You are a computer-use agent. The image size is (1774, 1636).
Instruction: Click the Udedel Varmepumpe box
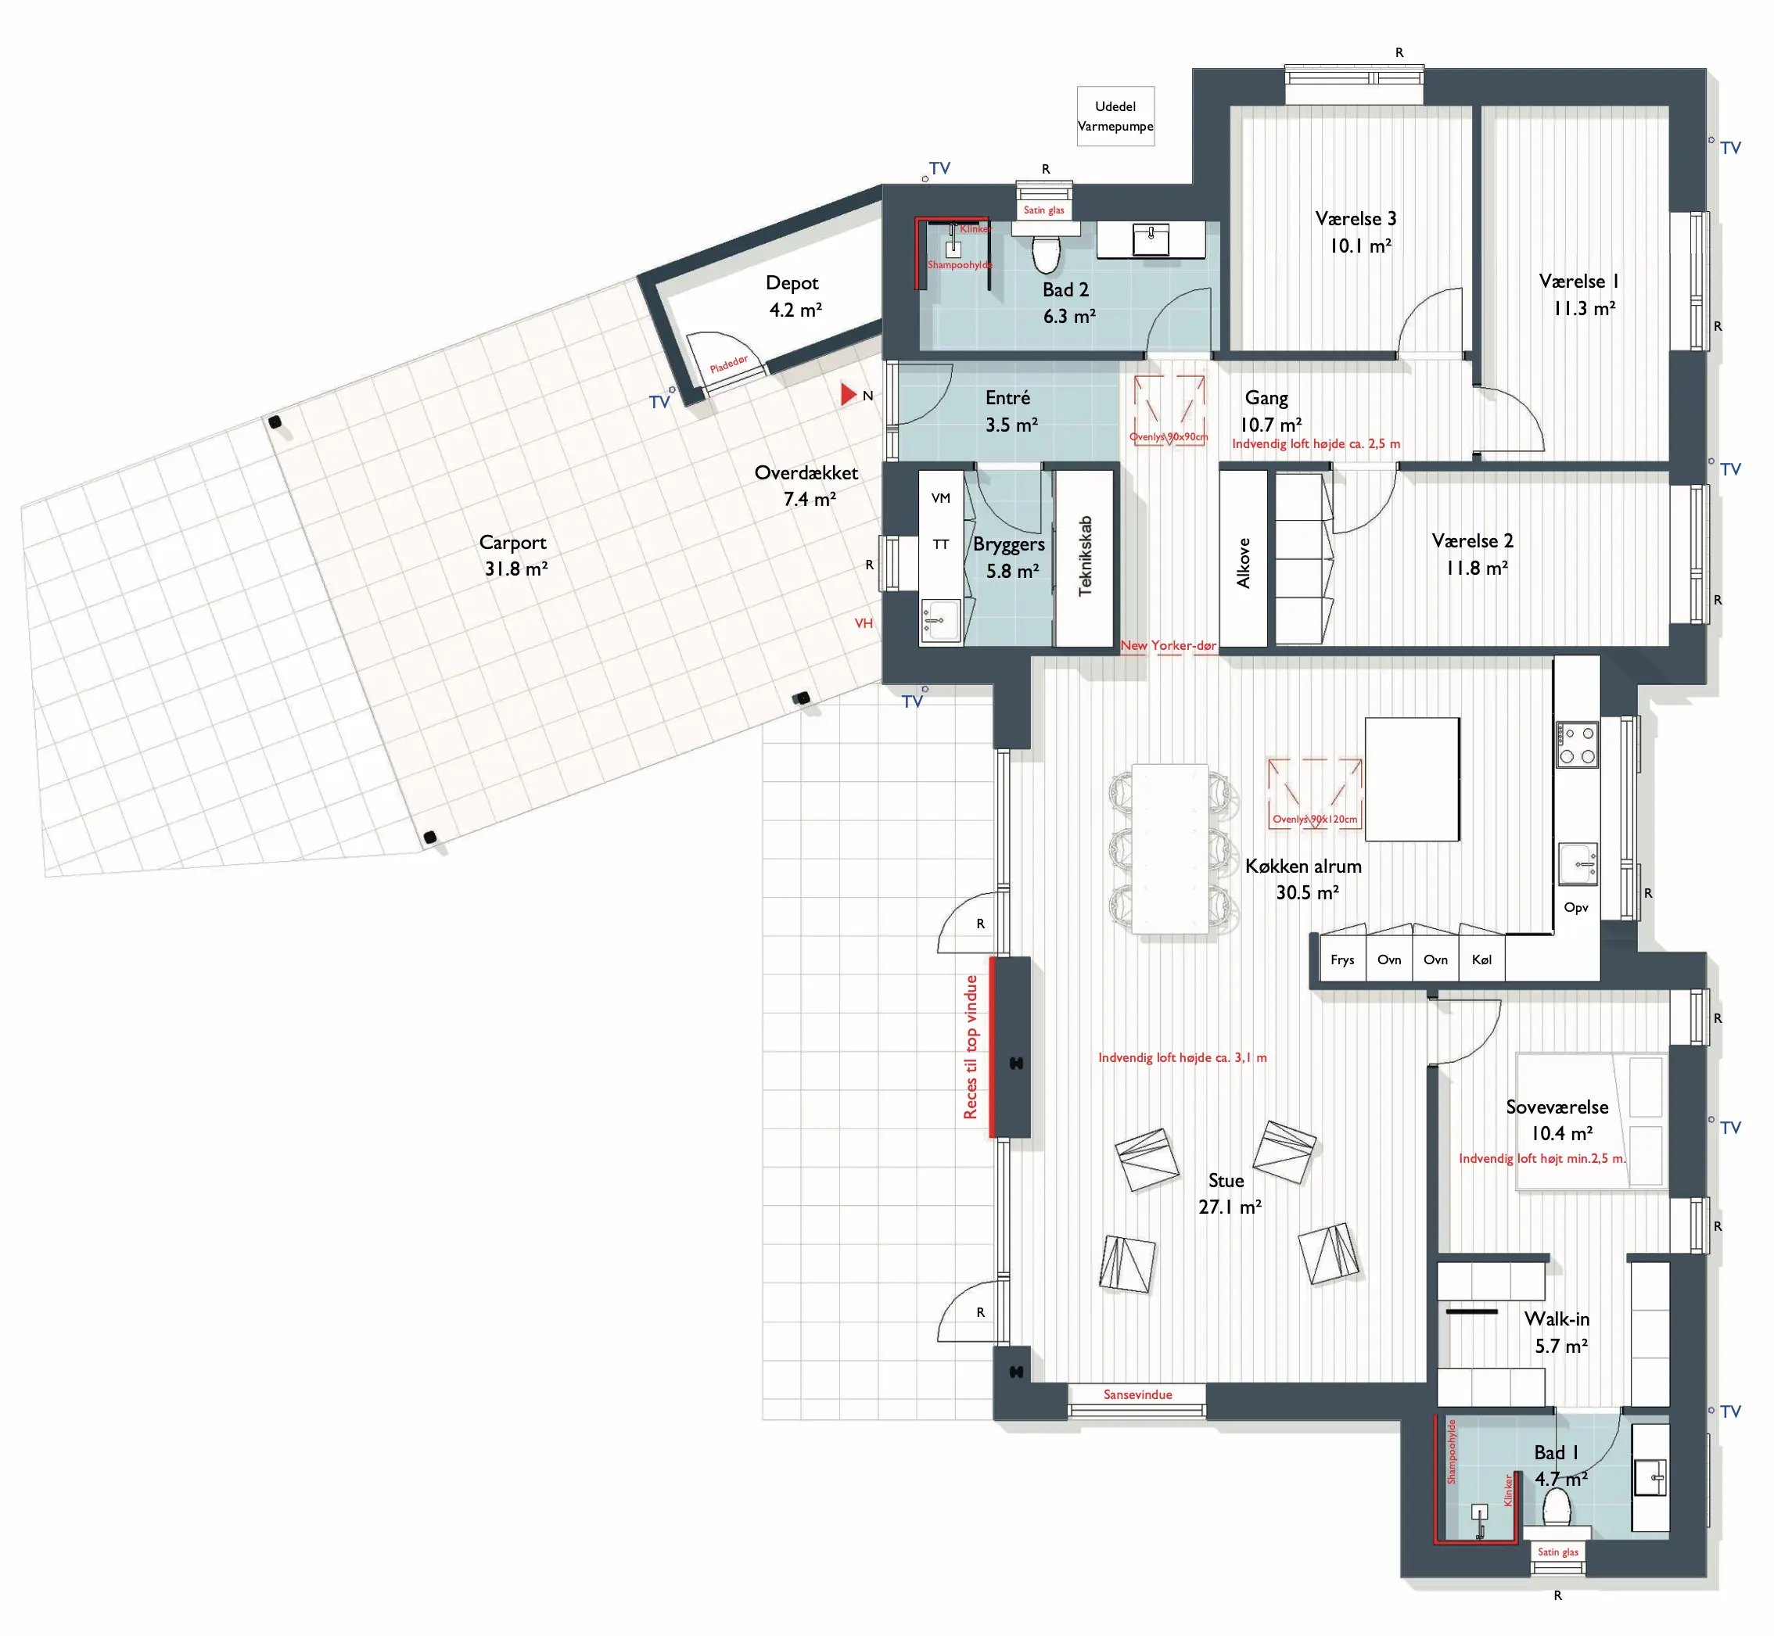(1115, 116)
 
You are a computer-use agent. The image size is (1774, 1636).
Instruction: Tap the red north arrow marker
(848, 394)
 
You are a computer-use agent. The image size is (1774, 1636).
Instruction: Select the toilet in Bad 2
(1046, 253)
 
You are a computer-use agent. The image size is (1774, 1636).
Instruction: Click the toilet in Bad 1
(1557, 1508)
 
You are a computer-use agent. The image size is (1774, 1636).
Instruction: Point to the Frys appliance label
(1342, 960)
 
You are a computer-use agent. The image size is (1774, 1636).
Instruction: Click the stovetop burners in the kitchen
(1577, 744)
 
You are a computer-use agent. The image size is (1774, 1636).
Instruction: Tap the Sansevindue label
(1137, 1394)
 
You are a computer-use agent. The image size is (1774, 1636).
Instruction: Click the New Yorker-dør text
(1169, 645)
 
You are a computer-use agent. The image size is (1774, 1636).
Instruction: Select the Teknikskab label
(1086, 556)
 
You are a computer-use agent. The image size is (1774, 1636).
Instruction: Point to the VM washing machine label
(941, 498)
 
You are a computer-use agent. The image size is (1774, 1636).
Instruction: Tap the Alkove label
(1244, 563)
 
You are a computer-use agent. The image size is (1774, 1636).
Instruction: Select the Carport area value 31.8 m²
(516, 569)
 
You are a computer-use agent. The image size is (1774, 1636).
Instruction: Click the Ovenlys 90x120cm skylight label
(1315, 819)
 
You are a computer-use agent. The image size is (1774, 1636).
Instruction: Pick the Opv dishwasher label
(1575, 907)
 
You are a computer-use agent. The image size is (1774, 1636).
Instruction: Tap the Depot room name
(792, 283)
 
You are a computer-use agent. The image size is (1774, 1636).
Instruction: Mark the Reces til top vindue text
(971, 1047)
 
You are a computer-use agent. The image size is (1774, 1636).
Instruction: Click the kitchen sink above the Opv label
(1578, 864)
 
